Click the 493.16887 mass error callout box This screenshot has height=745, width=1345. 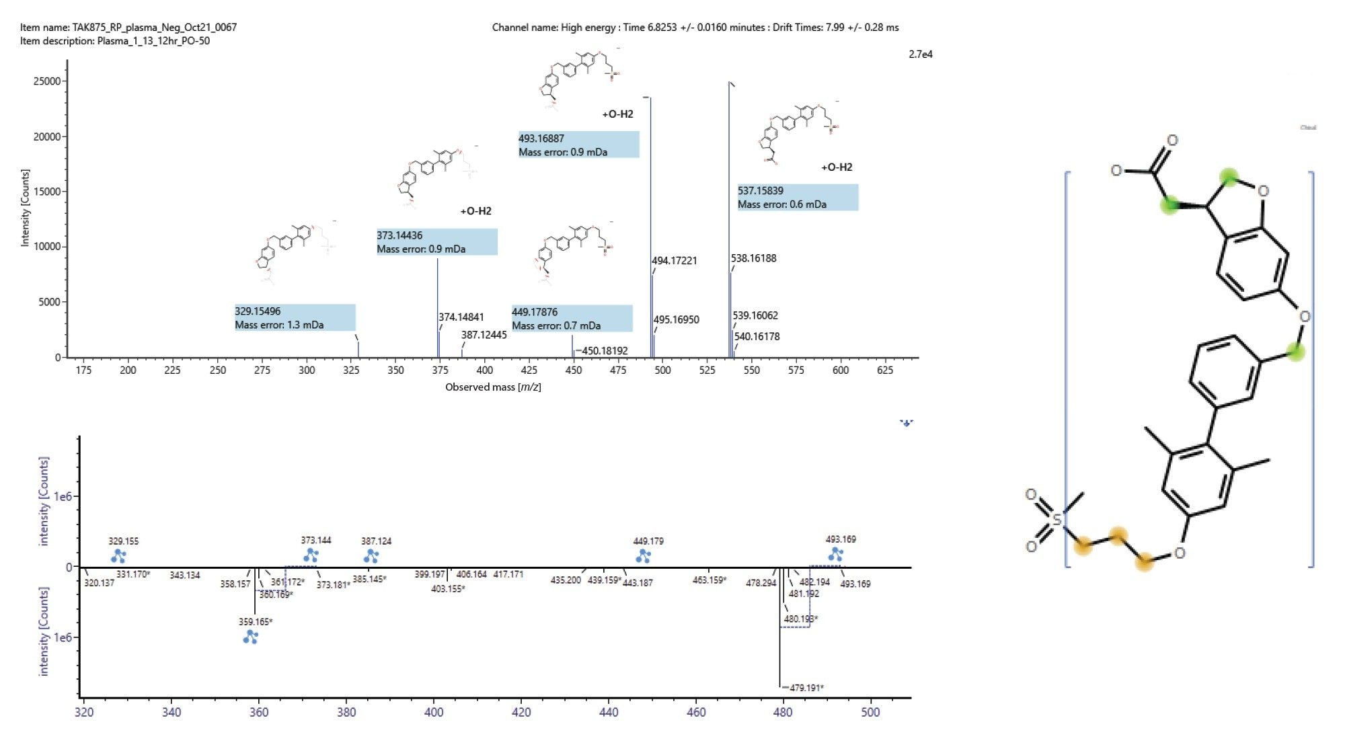[578, 145]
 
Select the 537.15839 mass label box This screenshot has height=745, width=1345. [798, 197]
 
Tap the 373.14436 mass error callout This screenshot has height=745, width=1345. [437, 242]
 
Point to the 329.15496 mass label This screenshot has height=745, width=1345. [295, 317]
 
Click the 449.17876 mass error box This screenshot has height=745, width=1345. [572, 319]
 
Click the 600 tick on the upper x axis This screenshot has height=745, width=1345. [840, 370]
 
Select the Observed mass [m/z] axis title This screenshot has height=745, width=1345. [493, 387]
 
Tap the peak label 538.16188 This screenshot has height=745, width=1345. [753, 258]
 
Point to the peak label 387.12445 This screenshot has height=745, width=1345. [484, 335]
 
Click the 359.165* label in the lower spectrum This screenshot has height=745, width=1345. [256, 622]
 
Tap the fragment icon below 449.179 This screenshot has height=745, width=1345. [644, 556]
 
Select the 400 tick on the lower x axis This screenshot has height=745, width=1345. [434, 712]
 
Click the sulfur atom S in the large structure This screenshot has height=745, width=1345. [1056, 520]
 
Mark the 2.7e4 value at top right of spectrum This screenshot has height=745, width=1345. [920, 54]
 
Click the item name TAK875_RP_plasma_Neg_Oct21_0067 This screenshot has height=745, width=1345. [128, 28]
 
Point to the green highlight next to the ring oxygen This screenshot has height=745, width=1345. [1229, 178]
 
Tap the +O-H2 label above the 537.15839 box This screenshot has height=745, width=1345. [837, 167]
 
